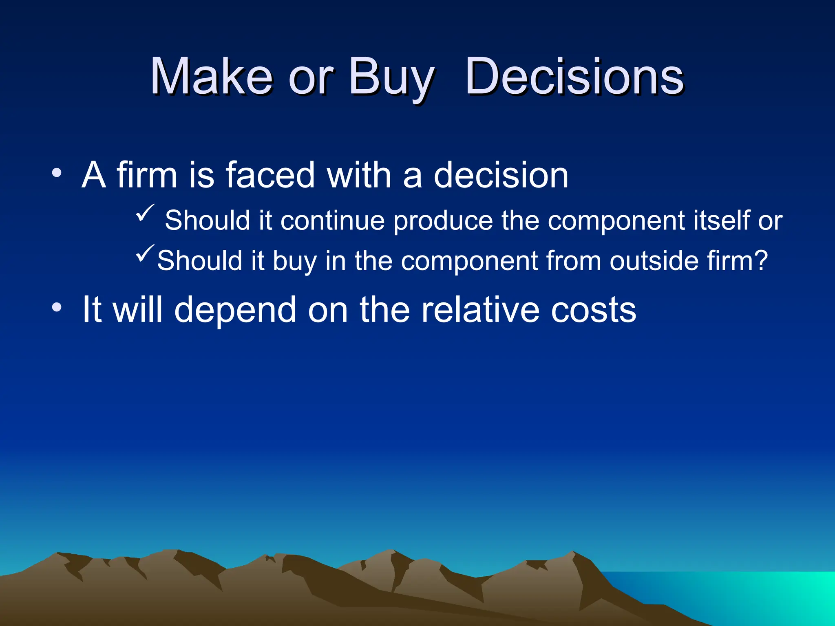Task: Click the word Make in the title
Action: pos(211,77)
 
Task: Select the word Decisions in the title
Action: pos(574,77)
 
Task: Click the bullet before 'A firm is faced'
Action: pos(57,173)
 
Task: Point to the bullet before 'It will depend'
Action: pos(57,308)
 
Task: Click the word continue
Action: pos(332,220)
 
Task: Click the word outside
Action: pos(654,260)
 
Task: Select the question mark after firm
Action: pos(761,260)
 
